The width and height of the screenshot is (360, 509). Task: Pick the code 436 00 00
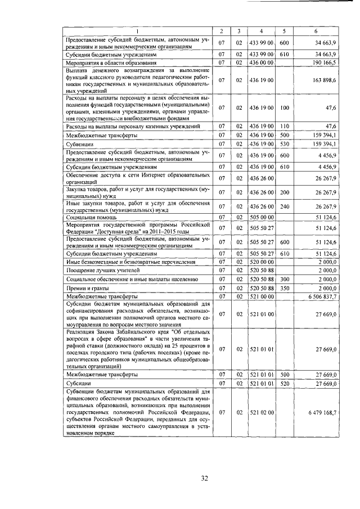coord(261,62)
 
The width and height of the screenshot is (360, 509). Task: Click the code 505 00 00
coord(261,217)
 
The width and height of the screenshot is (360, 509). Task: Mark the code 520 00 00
coord(261,262)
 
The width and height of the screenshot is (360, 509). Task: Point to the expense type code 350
coord(284,287)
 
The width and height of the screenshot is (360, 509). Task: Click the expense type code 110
coord(284,127)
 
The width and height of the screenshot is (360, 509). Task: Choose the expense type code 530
coord(284,144)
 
